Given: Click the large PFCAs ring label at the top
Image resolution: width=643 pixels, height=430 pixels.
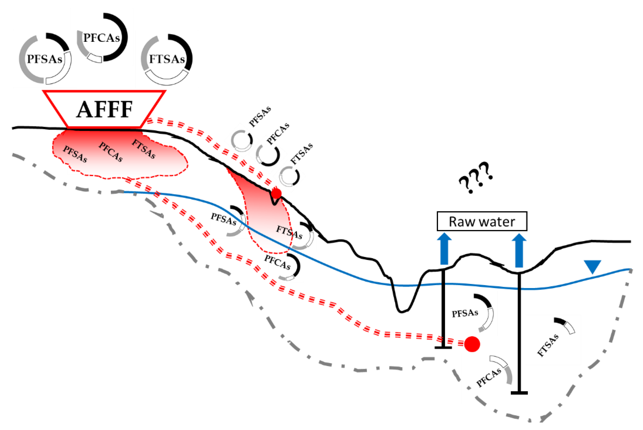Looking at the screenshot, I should (x=102, y=38).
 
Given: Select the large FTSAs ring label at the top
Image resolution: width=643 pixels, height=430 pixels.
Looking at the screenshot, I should (x=167, y=59).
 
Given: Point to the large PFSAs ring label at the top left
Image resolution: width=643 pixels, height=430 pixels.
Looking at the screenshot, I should (x=44, y=59).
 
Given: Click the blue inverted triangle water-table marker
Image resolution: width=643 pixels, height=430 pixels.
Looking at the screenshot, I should (x=592, y=266).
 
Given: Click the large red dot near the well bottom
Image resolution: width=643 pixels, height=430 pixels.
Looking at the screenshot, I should (x=472, y=344).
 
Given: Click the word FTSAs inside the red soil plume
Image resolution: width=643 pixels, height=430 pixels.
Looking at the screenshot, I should (x=144, y=149).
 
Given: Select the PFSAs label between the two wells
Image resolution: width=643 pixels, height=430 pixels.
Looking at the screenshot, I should (x=465, y=313).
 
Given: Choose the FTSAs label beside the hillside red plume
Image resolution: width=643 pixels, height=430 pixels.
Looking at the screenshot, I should (x=289, y=232).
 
